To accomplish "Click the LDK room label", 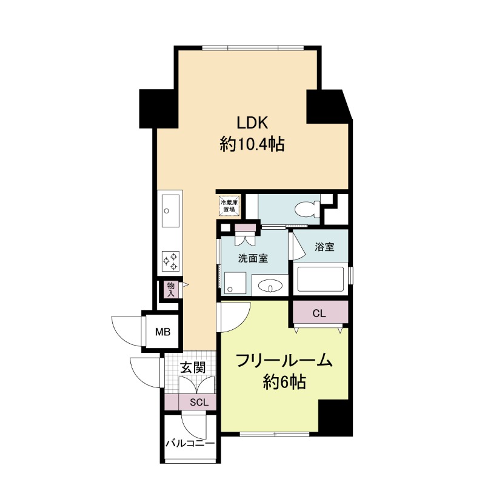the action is [252, 123].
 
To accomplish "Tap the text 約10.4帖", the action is [252, 144].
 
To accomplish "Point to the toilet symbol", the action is [308, 209].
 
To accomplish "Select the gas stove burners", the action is [171, 261].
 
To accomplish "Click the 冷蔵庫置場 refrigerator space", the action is [229, 206].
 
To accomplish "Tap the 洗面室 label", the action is [253, 258].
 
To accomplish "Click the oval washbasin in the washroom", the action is [270, 286].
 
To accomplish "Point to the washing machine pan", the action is [235, 283].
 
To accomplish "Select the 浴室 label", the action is [324, 247].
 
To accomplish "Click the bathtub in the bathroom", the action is [320, 279].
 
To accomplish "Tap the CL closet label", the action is [319, 313].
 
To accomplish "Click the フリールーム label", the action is [284, 361].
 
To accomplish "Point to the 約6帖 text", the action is [284, 382].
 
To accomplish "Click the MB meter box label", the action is [162, 332].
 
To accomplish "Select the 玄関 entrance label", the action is [193, 368].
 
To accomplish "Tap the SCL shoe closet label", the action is [199, 403].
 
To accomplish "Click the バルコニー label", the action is [190, 444].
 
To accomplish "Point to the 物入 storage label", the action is [171, 289].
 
